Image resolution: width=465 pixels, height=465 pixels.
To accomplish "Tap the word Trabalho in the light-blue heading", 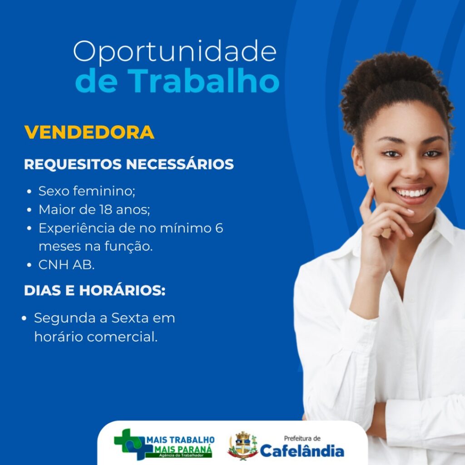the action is pos(203,81).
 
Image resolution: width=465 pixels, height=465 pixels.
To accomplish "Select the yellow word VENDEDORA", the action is pos(89,132).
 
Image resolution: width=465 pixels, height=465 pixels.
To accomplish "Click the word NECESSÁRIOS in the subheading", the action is pos(180,164).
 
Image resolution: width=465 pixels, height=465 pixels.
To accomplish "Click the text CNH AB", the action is pos(66,265).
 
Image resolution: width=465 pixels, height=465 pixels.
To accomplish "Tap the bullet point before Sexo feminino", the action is pos(29,192).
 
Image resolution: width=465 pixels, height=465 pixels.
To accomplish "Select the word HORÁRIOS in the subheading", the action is pos(122,290).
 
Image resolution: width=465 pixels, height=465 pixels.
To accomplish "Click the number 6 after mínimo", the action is pos(219,228).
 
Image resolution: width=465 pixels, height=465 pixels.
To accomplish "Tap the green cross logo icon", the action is pos(129,444).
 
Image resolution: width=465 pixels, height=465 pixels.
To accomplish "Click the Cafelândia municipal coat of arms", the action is pos(243,446).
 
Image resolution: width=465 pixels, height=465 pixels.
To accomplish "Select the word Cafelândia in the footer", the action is pos(302,451).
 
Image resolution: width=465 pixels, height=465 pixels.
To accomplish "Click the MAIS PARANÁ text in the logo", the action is pos(183,449).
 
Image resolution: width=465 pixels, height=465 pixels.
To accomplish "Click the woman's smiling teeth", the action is pos(412,193).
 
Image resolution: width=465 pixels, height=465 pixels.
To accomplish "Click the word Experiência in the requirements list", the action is pos(76,228).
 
